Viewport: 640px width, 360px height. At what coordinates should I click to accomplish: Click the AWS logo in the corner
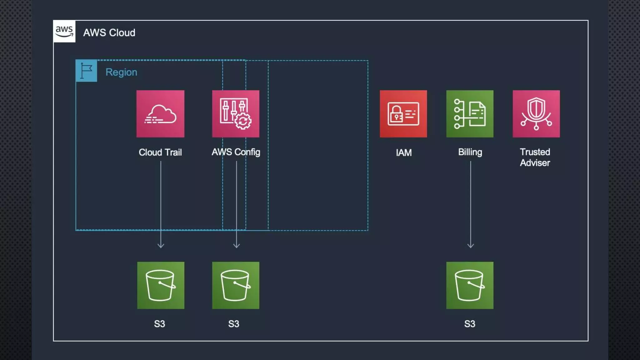pos(64,31)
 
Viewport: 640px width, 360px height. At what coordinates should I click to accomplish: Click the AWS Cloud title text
pos(109,33)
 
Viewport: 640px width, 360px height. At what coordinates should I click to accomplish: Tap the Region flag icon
pos(86,71)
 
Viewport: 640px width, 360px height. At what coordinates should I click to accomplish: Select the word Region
pos(121,72)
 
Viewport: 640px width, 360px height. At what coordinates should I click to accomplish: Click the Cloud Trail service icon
pos(160,114)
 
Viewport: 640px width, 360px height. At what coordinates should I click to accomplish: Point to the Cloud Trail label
pos(160,152)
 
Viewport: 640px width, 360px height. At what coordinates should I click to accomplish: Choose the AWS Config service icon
pos(236,114)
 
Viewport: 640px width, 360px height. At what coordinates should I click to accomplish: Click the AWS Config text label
pos(236,152)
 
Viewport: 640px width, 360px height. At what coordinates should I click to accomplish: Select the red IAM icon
pos(403,114)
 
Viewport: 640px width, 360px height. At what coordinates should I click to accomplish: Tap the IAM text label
pos(403,153)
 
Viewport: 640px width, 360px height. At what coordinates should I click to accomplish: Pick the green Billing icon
pos(470,114)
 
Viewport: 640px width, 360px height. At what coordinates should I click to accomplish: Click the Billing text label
pos(470,152)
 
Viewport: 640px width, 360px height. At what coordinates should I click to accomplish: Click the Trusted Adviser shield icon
pos(536,114)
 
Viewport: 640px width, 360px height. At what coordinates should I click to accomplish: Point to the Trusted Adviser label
pos(535,157)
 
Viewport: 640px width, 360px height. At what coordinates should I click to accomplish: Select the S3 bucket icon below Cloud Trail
pos(161,285)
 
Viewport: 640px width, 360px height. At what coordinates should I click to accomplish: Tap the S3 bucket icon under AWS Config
pos(236,285)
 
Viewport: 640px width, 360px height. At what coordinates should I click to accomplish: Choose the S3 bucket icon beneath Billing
pos(470,285)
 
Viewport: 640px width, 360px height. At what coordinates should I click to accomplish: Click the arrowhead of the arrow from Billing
pos(470,246)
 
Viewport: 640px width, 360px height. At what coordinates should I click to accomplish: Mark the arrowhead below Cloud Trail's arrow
pos(161,246)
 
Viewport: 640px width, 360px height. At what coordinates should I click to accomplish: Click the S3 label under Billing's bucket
pos(469,324)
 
